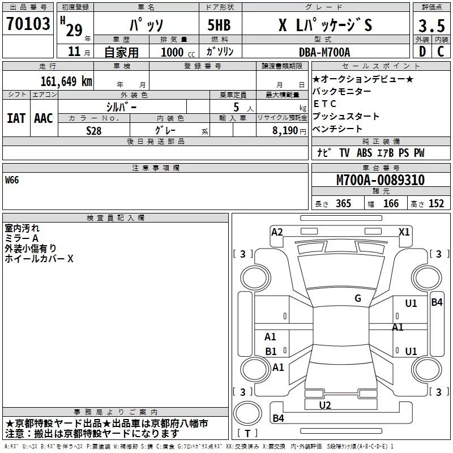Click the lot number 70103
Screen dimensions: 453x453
28,24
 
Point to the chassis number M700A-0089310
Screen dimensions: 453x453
381,181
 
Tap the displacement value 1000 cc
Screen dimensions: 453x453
176,52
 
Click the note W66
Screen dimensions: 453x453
12,181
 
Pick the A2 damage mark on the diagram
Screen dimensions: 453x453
277,232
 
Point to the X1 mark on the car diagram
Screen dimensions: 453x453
404,232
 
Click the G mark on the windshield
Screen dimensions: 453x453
358,298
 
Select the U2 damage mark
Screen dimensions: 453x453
325,405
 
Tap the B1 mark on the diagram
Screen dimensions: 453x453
271,352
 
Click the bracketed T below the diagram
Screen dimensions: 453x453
247,434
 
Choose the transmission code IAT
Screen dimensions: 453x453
16,118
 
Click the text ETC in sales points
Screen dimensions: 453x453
324,104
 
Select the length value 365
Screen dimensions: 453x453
343,204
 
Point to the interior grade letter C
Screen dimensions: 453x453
441,52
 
